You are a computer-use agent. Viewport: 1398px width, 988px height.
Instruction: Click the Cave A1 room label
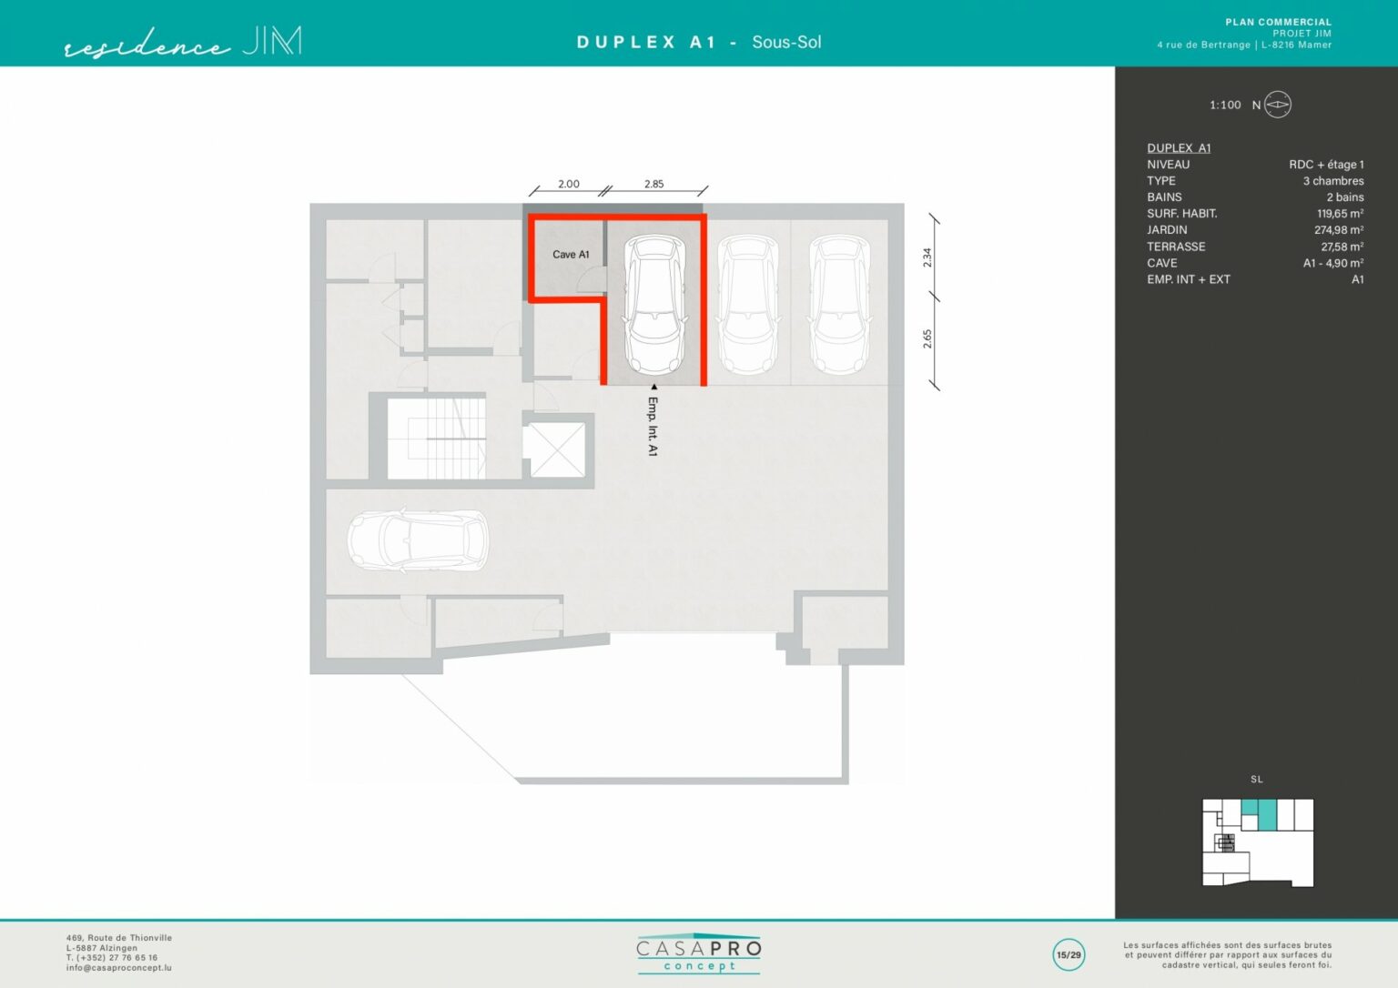tap(571, 255)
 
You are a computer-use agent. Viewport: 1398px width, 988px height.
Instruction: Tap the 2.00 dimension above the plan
tap(568, 184)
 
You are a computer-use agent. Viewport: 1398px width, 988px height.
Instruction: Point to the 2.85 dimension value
tap(653, 184)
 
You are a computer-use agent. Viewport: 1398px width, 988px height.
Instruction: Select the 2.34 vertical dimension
tap(927, 257)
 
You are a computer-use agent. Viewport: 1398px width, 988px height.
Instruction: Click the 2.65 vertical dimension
tap(927, 338)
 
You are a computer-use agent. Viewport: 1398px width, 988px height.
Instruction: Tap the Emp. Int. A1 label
tap(653, 427)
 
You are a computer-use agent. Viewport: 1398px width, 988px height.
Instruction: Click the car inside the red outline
tap(655, 304)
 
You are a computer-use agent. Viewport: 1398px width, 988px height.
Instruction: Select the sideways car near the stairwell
tap(418, 540)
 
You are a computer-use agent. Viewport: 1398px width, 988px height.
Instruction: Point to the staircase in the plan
tap(436, 439)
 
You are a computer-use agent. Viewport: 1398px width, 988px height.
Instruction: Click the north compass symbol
tap(1277, 105)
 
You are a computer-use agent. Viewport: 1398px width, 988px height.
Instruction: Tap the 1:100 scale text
tap(1225, 106)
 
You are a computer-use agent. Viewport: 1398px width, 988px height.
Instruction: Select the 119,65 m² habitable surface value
tap(1340, 213)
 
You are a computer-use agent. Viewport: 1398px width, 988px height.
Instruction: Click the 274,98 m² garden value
tap(1339, 229)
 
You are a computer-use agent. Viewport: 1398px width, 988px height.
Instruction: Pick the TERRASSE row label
tap(1176, 247)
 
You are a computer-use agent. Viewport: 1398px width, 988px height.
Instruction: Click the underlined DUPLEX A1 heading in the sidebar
tap(1179, 147)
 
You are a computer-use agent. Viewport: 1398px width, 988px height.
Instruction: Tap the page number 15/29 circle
tap(1069, 955)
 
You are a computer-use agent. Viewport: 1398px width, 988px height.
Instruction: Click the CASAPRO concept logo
tap(698, 954)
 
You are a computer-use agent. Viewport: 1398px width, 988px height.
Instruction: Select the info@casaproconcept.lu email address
tap(118, 968)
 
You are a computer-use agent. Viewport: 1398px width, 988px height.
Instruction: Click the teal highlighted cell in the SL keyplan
tap(1266, 814)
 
